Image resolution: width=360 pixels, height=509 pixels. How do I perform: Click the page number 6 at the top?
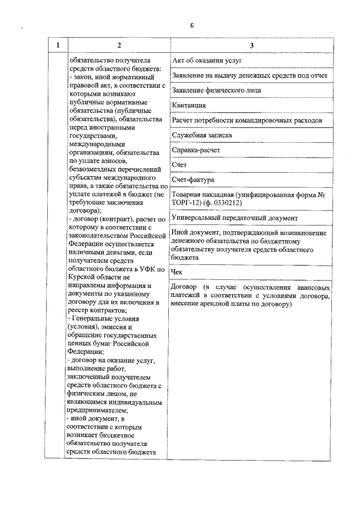pyautogui.click(x=191, y=25)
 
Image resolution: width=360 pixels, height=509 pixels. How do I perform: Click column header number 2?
pyautogui.click(x=118, y=45)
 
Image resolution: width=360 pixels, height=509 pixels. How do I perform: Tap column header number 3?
pyautogui.click(x=252, y=45)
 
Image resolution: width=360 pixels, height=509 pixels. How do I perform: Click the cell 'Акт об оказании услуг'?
pyautogui.click(x=207, y=60)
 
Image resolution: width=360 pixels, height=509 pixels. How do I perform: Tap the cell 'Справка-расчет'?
pyautogui.click(x=196, y=150)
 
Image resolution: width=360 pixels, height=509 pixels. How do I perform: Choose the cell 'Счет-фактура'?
pyautogui.click(x=193, y=181)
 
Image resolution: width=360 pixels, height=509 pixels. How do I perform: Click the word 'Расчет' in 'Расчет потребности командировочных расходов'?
pyautogui.click(x=183, y=120)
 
